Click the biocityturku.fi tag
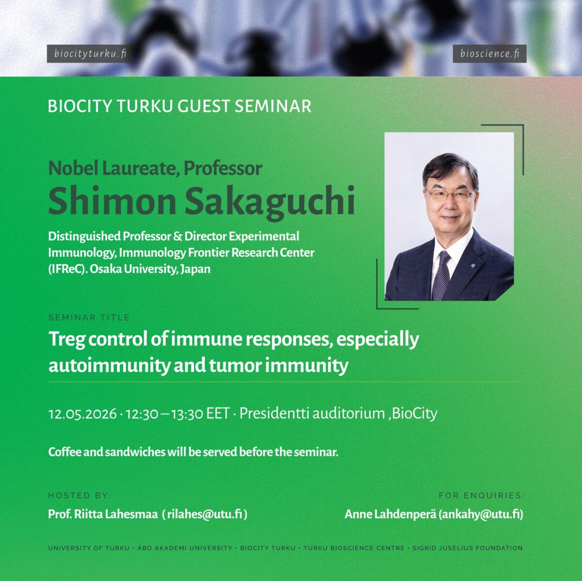tap(90, 54)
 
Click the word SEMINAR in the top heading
tap(273, 106)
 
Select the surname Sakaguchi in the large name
tap(270, 201)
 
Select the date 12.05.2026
tap(82, 414)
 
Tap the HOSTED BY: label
tap(79, 495)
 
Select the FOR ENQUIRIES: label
tap(481, 495)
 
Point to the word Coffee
tap(64, 452)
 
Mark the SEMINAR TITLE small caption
tap(89, 318)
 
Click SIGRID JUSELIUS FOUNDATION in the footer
tap(467, 548)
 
